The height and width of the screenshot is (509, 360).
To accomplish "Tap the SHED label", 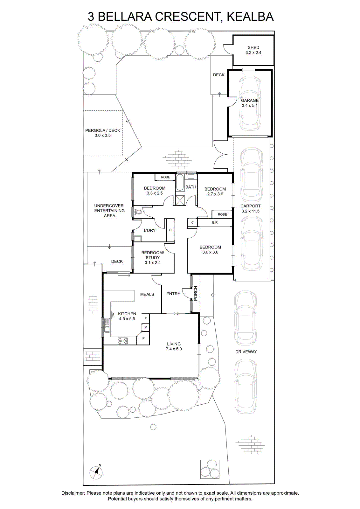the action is click(x=253, y=47).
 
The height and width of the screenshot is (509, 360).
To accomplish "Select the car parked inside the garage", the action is click(x=250, y=103).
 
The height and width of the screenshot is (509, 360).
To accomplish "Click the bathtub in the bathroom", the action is click(x=180, y=183).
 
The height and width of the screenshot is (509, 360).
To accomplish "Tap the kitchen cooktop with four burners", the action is click(x=123, y=341).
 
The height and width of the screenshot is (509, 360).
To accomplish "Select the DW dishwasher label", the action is click(x=113, y=315).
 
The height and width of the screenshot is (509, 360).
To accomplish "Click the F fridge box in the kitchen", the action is click(x=146, y=318).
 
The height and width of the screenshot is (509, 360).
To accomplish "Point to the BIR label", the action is click(x=215, y=222).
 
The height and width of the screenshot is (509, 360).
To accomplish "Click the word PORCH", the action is click(x=196, y=293).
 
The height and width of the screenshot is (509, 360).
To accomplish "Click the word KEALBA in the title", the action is click(x=250, y=17).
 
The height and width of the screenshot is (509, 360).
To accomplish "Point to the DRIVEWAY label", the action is click(x=246, y=352).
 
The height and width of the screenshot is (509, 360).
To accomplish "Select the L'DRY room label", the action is click(x=150, y=230).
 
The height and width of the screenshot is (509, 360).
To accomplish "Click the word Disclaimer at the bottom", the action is click(x=73, y=493).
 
